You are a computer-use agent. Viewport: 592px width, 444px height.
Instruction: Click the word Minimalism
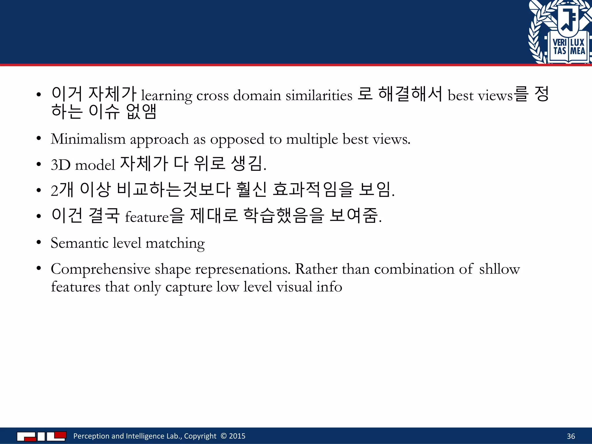(x=88, y=139)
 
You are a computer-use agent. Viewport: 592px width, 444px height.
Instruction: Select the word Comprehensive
(x=101, y=269)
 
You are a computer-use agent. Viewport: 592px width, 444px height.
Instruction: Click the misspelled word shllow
(x=499, y=269)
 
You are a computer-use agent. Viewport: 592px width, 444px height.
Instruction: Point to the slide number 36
(x=571, y=436)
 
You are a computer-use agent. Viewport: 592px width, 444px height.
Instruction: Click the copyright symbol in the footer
(x=223, y=436)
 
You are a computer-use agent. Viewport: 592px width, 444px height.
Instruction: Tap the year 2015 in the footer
(x=237, y=436)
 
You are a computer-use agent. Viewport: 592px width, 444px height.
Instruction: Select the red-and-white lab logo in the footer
(x=42, y=436)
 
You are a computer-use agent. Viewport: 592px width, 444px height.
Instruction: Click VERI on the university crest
(x=560, y=42)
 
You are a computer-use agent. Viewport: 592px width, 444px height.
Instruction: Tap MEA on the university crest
(x=578, y=51)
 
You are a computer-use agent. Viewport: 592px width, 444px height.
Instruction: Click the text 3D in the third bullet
(x=61, y=165)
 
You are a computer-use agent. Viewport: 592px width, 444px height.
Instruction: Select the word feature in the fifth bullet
(x=147, y=217)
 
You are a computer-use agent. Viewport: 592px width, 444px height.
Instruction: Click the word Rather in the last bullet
(x=316, y=269)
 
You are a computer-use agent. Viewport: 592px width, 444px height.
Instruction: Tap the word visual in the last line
(x=294, y=287)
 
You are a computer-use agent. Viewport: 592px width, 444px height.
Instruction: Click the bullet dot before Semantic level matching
(x=39, y=242)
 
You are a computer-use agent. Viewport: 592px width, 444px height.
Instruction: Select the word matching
(x=175, y=243)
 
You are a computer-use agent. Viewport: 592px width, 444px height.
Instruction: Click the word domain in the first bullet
(x=257, y=95)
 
